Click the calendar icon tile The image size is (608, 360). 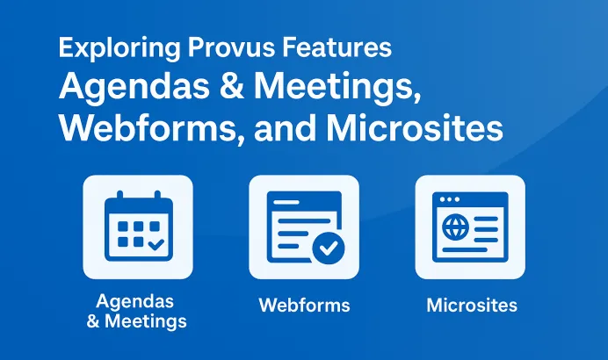click(137, 227)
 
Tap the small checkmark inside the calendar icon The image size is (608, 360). click(156, 245)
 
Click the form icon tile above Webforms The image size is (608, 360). click(304, 227)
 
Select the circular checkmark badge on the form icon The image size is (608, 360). click(329, 248)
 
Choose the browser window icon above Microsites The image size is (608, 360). click(471, 227)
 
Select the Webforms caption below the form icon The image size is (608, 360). click(304, 306)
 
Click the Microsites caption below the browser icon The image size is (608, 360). click(472, 306)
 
